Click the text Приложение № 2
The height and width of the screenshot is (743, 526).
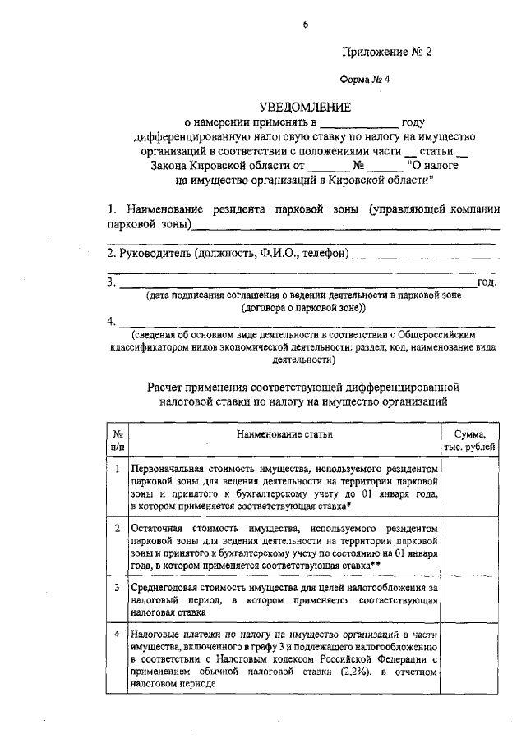(386, 52)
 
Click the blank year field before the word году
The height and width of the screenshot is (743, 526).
(366, 122)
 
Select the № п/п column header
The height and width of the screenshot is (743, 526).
(118, 439)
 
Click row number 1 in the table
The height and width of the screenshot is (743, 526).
(118, 469)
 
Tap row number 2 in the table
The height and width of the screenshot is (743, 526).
(118, 527)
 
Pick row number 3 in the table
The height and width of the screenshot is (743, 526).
(118, 587)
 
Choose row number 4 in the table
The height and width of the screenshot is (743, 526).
(118, 635)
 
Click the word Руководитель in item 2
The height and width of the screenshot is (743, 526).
(149, 253)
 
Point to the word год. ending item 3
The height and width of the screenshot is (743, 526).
(487, 282)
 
